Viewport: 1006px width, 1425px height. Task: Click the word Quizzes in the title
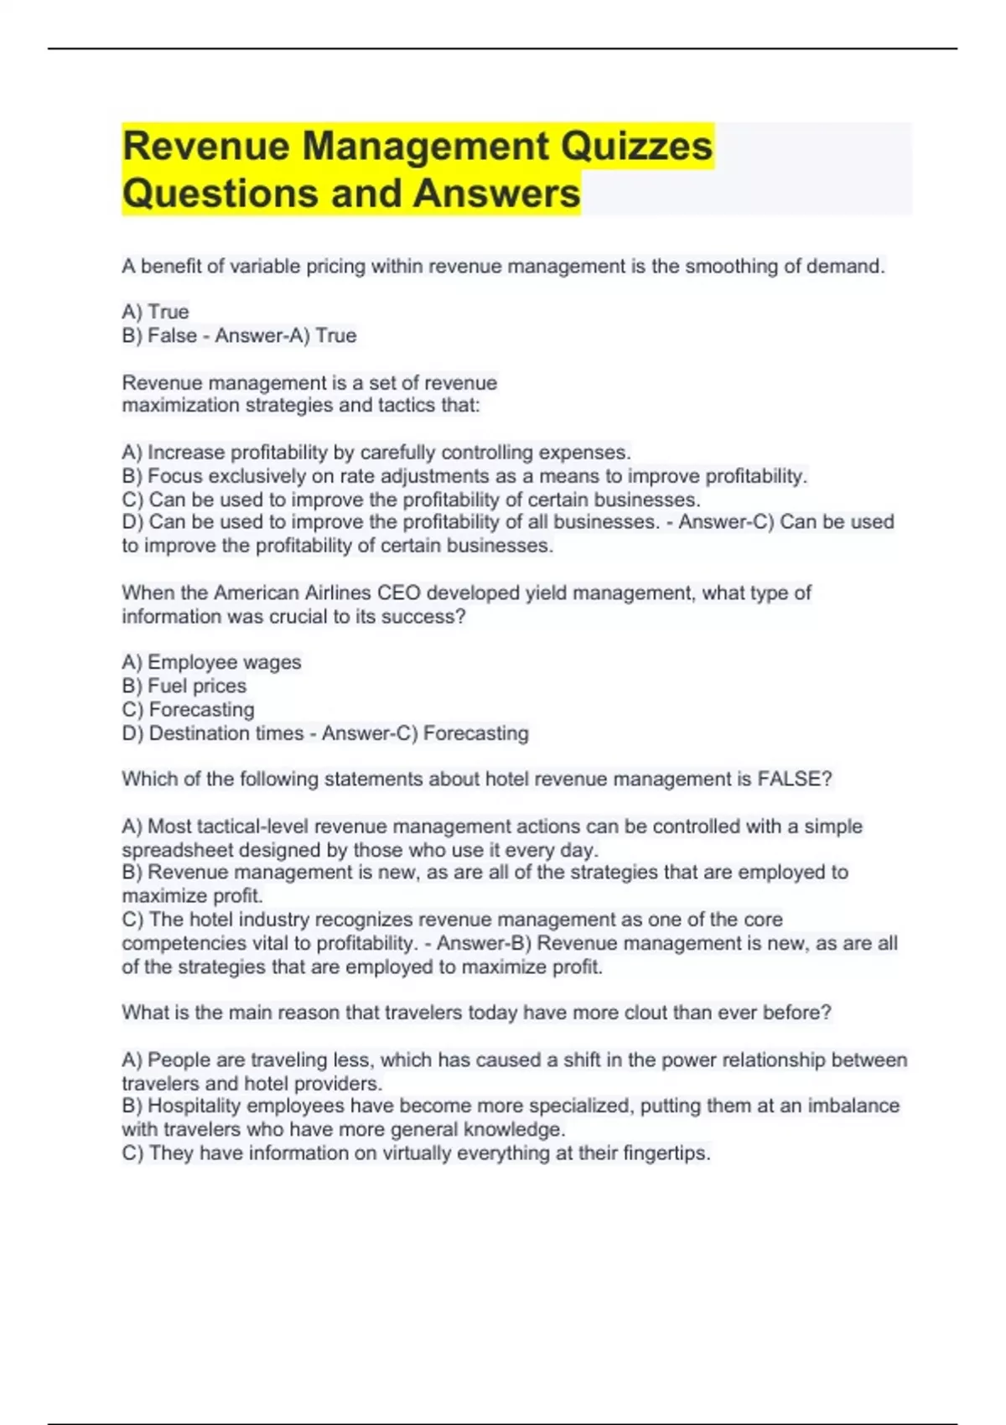636,147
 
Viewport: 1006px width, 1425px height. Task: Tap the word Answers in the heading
496,194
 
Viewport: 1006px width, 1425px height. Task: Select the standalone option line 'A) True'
156,312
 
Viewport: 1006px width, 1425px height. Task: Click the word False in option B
172,335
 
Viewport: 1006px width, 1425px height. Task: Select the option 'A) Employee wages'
211,662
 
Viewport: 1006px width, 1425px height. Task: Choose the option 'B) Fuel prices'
184,686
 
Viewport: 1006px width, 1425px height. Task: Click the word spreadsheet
178,850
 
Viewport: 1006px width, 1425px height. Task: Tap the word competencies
183,943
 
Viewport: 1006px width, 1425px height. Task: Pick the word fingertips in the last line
666,1153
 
